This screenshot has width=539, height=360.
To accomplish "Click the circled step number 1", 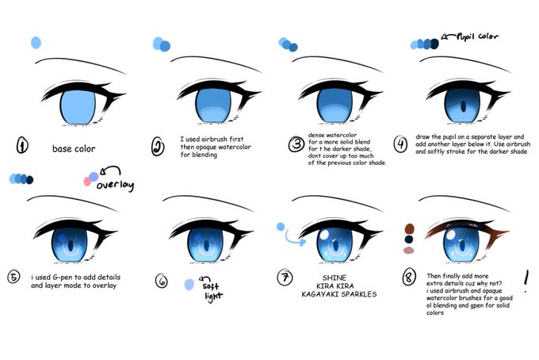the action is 22,146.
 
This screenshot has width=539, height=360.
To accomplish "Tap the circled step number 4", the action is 399,143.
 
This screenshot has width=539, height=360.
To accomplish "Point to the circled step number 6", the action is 162,280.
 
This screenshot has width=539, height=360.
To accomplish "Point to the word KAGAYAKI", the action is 320,293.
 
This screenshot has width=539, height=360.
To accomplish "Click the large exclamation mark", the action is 527,279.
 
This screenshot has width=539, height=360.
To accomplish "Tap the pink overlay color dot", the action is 86,182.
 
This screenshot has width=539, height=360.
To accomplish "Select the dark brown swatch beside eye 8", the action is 408,228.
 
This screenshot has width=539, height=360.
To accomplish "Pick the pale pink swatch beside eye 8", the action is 408,250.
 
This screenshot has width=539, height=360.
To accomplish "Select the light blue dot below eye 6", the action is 189,284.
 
